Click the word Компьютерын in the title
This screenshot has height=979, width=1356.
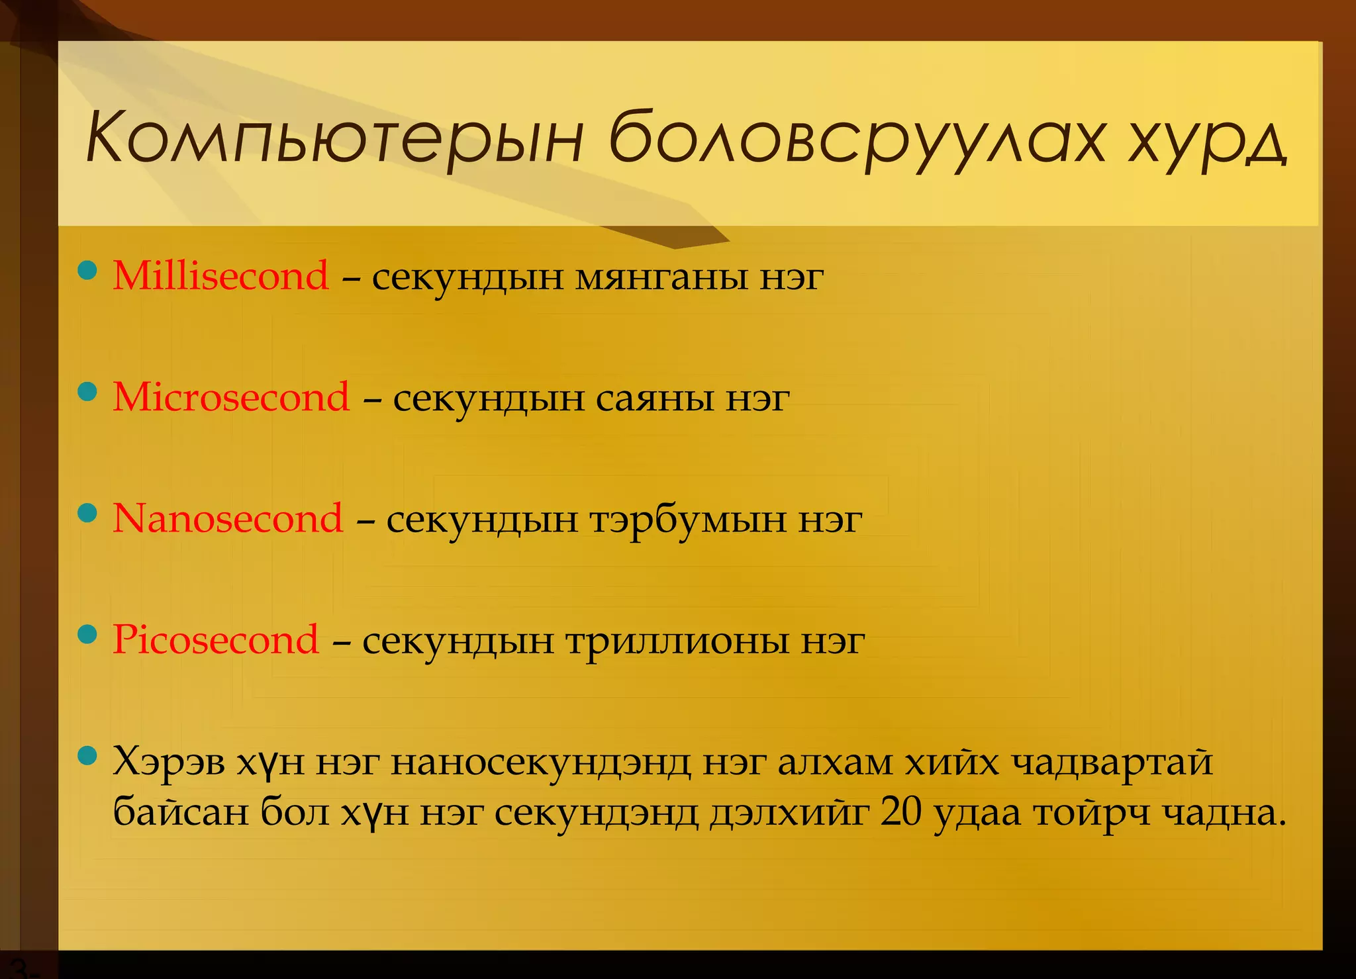(x=334, y=138)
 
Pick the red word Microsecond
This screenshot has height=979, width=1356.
(x=231, y=397)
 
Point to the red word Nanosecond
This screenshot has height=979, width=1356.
(x=228, y=518)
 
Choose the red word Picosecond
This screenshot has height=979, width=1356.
(x=216, y=640)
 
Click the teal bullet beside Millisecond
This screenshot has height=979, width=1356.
(x=87, y=270)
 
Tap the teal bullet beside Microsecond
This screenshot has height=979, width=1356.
(x=87, y=391)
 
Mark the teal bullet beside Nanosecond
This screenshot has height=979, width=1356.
(x=87, y=513)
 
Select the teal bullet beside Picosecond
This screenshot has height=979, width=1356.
(x=87, y=635)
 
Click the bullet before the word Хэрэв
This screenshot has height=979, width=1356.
(x=87, y=755)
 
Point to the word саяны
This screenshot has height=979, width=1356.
(x=655, y=398)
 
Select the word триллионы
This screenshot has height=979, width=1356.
(x=677, y=642)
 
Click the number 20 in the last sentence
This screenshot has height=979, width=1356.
(x=900, y=812)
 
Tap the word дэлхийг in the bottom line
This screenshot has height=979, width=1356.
(x=789, y=814)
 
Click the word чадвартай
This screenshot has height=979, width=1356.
(x=1112, y=763)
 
